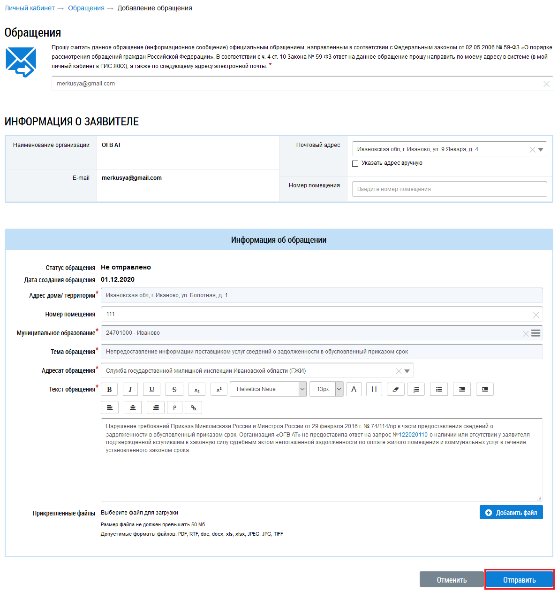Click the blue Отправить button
click(x=519, y=580)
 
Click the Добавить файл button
click(x=511, y=513)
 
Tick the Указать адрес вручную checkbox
click(x=355, y=163)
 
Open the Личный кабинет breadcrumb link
click(x=30, y=8)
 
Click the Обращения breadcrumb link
click(x=86, y=8)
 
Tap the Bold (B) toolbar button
click(x=109, y=389)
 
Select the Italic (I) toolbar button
click(x=130, y=389)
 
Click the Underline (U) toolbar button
click(x=151, y=389)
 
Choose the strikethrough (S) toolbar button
click(x=174, y=389)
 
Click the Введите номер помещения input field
click(x=449, y=189)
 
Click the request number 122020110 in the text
click(x=413, y=435)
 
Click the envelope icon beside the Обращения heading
click(x=21, y=62)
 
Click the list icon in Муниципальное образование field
click(x=535, y=333)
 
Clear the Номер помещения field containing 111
click(x=536, y=315)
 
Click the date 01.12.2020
click(x=118, y=279)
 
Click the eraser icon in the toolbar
click(x=395, y=389)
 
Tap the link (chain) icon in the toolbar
click(x=193, y=407)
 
